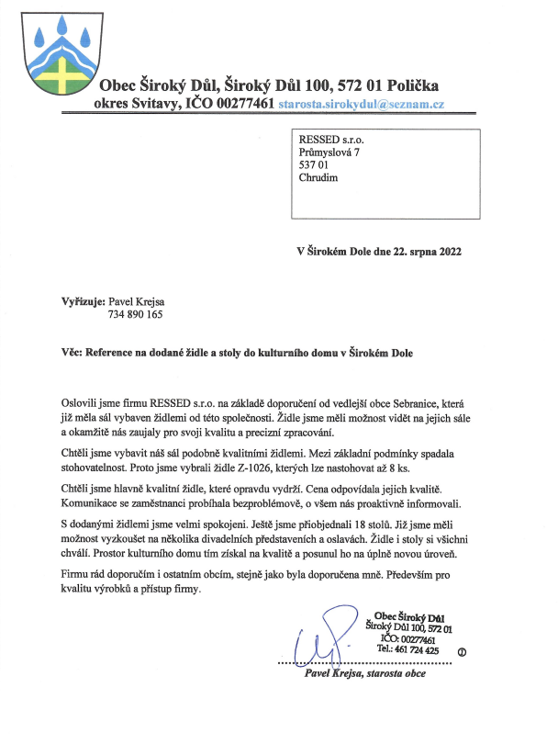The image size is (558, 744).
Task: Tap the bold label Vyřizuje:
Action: (80, 300)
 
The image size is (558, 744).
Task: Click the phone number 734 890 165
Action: (135, 314)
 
